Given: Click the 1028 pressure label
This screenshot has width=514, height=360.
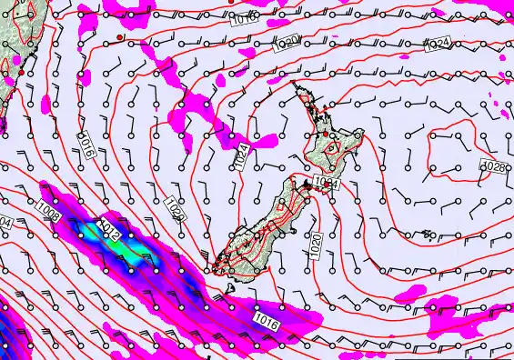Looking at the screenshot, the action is point(496,167).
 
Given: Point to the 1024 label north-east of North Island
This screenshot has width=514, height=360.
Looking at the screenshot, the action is point(438,44).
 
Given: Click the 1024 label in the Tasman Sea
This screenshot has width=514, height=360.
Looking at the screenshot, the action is point(241,155).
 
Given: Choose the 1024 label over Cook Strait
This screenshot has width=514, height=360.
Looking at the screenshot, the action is point(328,184).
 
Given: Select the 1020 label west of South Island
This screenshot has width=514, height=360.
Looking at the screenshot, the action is point(174,208).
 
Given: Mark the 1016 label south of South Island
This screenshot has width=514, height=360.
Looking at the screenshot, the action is point(265,321).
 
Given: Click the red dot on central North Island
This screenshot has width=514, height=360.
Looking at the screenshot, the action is point(325,135).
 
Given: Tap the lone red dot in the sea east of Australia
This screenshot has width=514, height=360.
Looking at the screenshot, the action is point(119,36).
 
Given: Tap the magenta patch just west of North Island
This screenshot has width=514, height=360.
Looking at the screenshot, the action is point(265,141).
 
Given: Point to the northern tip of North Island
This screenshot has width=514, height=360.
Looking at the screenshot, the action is point(294,85).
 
